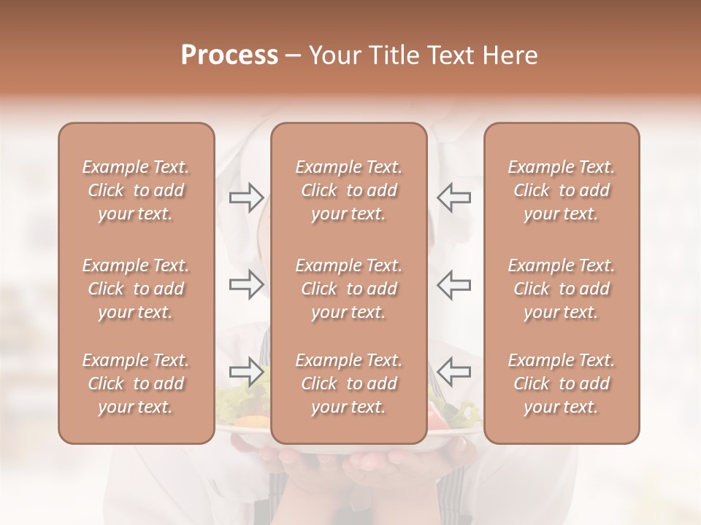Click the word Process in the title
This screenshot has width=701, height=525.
pyautogui.click(x=229, y=55)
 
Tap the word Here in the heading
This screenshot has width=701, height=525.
pyautogui.click(x=509, y=55)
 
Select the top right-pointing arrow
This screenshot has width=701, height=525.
pyautogui.click(x=246, y=197)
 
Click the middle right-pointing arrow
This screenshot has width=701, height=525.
pyautogui.click(x=246, y=284)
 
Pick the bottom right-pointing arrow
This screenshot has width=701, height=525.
pyautogui.click(x=246, y=372)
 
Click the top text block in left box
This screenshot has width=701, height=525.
pyautogui.click(x=136, y=190)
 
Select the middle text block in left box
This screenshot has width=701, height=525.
pyautogui.click(x=136, y=289)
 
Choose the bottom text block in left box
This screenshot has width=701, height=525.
pyautogui.click(x=136, y=384)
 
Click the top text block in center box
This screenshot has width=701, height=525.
pyautogui.click(x=348, y=190)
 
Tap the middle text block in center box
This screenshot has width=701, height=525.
pyautogui.click(x=348, y=289)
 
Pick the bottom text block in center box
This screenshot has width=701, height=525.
pyautogui.click(x=348, y=384)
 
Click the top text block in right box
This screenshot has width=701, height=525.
pyautogui.click(x=561, y=190)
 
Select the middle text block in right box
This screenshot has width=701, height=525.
pyautogui.click(x=561, y=289)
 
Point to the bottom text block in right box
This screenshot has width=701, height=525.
pyautogui.click(x=561, y=384)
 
